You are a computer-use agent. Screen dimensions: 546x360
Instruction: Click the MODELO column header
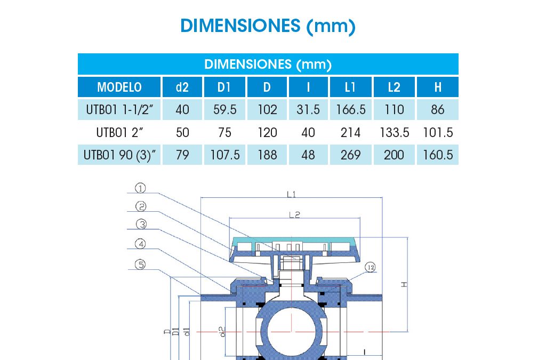(119, 87)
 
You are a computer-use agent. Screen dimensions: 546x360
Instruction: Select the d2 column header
(182, 87)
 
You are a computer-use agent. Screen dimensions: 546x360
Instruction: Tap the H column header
(438, 87)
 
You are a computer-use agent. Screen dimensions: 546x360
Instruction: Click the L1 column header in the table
(350, 87)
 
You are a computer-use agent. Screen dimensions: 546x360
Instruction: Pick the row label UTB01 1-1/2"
(119, 110)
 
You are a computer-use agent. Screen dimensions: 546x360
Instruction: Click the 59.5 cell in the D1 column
(225, 110)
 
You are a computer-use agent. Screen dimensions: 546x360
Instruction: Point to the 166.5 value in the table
(351, 110)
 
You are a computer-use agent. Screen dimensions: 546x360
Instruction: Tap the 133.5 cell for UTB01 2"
(395, 133)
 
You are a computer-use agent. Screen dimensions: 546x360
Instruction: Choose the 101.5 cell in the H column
(438, 133)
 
